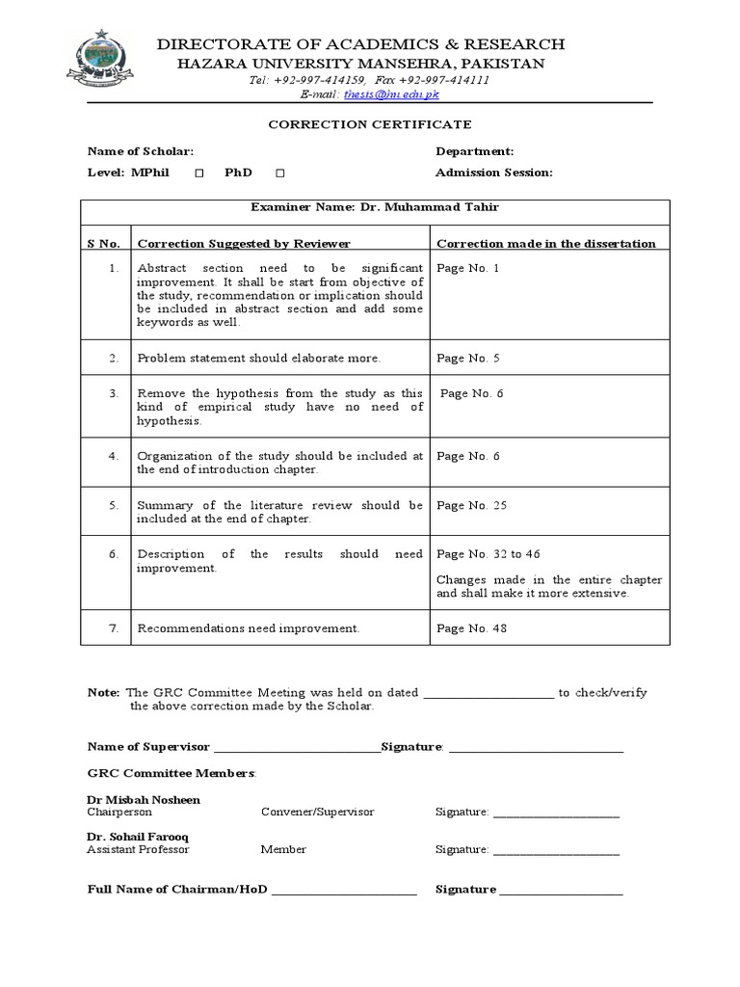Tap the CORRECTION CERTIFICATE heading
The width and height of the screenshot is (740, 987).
[370, 124]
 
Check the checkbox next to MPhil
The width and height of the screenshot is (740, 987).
[198, 173]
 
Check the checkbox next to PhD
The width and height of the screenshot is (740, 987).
[279, 173]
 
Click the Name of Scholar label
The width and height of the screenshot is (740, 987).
[141, 151]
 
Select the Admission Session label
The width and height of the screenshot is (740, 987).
[493, 173]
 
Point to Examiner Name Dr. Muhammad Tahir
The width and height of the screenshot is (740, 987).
[374, 207]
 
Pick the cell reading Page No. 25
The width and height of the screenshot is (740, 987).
[472, 505]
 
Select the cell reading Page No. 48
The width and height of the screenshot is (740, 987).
[472, 628]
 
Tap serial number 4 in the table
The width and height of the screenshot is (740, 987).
[114, 456]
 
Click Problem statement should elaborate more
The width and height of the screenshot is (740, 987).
[259, 358]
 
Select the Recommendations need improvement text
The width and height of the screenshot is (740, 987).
[249, 628]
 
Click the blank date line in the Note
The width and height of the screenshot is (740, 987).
[489, 693]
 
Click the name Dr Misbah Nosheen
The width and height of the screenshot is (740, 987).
[144, 800]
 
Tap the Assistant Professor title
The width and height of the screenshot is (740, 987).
[138, 849]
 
